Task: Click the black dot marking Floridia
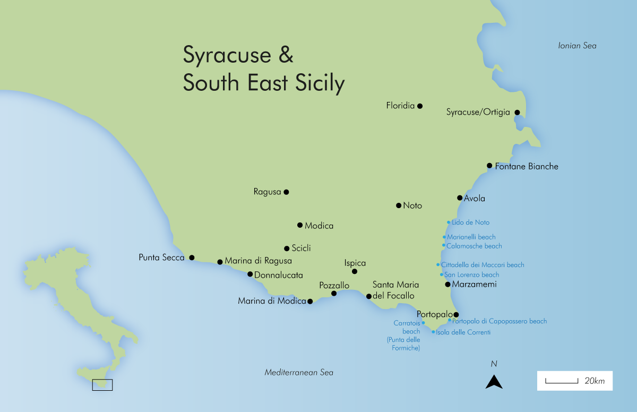[x=420, y=106]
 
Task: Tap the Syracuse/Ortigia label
[x=478, y=112]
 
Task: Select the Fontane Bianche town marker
[x=489, y=166]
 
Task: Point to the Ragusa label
[x=267, y=192]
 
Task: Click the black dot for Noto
[x=399, y=205]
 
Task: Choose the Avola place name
[x=475, y=199]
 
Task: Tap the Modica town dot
[x=300, y=225]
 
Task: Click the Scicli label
[x=301, y=248]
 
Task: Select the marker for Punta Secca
[x=192, y=257]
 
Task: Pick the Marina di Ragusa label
[x=258, y=261]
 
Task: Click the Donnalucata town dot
[x=250, y=274]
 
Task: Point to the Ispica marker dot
[x=355, y=272]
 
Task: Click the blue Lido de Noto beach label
[x=470, y=222]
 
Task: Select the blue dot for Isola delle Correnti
[x=434, y=332]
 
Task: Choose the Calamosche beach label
[x=474, y=246]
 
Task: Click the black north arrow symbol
[x=494, y=381]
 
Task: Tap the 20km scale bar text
[x=595, y=381]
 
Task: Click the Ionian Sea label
[x=577, y=46]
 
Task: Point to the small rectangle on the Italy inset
[x=102, y=385]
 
